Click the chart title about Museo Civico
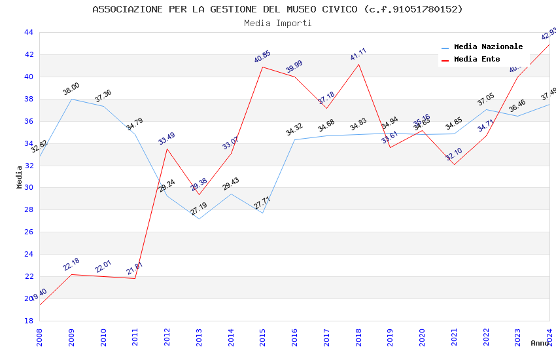coord(277,9)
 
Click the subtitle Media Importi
coord(277,23)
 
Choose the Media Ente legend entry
coord(477,59)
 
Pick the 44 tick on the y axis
coord(28,32)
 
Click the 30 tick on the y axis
coord(28,188)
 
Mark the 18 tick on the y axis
coord(28,321)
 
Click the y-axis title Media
coord(20,177)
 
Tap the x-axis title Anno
coord(540,343)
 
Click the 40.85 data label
coord(262,57)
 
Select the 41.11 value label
coord(358,54)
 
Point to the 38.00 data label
coord(71,89)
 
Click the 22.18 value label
coord(71,264)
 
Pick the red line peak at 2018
coord(358,64)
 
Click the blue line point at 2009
coord(71,99)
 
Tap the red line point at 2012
coord(167,149)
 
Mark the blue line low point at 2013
coord(199,219)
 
